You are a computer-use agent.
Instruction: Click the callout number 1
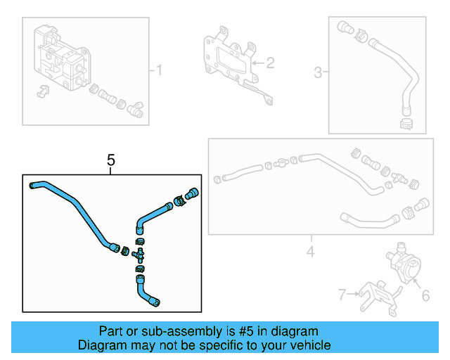tap(159, 70)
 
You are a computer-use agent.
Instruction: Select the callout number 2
tap(270, 63)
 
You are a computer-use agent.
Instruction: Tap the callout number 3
tap(318, 72)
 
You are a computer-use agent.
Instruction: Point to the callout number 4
tap(310, 250)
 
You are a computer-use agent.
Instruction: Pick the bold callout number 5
tap(111, 161)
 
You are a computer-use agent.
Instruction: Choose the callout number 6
tap(425, 297)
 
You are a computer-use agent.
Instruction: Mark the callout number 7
tap(342, 294)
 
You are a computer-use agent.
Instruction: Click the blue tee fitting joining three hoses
tap(139, 251)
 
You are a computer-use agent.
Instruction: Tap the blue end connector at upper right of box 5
tap(192, 193)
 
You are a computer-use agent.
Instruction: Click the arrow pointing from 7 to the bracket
tap(354, 295)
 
